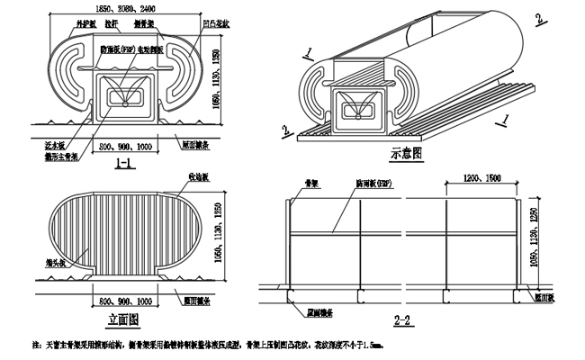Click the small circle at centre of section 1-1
pos(124,101)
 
